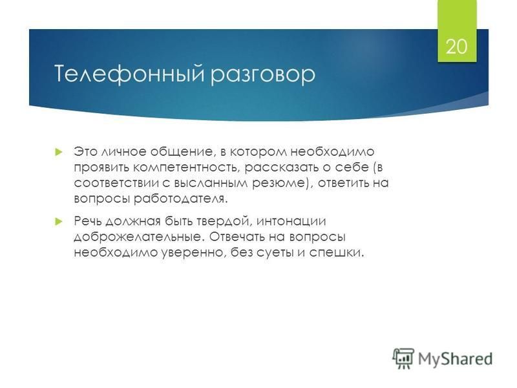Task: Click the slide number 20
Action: (x=457, y=46)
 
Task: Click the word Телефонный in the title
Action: (x=129, y=74)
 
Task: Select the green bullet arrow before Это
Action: (x=59, y=152)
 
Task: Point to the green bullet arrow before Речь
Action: (x=59, y=221)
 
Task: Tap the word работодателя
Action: (x=181, y=199)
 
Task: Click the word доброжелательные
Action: (x=138, y=237)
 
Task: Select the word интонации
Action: (x=291, y=221)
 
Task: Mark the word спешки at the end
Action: (x=336, y=253)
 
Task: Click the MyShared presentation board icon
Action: (x=403, y=358)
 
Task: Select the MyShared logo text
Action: (x=455, y=359)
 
